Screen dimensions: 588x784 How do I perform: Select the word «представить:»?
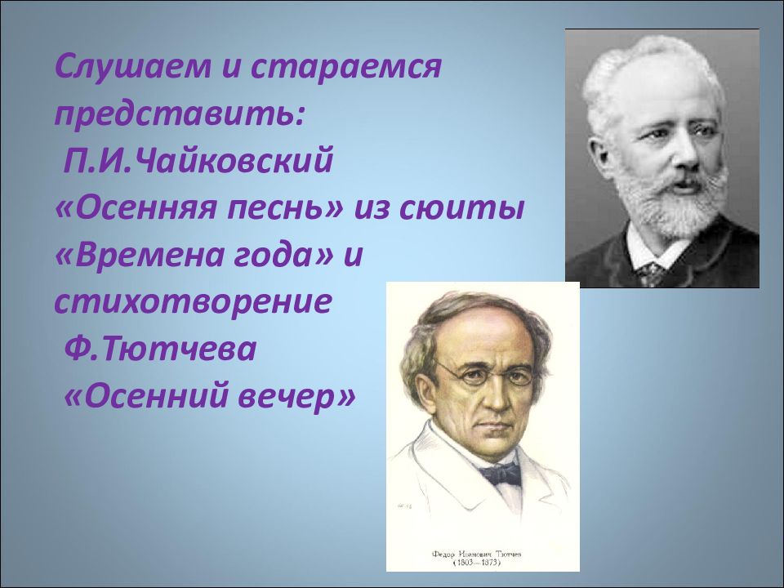pyautogui.click(x=180, y=115)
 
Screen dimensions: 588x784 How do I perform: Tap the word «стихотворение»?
pyautogui.click(x=194, y=301)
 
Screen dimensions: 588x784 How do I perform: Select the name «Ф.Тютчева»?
pyautogui.click(x=160, y=349)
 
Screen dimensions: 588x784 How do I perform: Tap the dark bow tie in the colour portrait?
pyautogui.click(x=499, y=474)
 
